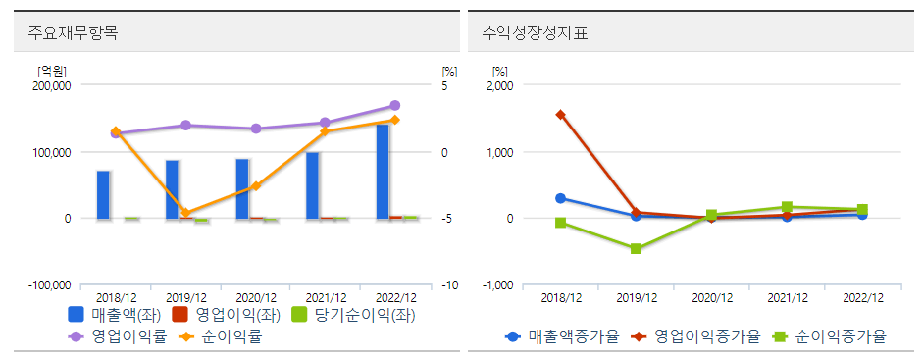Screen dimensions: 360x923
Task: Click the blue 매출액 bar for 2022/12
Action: point(383,172)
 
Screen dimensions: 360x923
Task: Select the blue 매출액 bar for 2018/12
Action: point(103,194)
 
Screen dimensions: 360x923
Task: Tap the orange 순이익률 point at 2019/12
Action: point(185,213)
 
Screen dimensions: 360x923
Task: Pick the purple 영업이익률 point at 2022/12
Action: point(394,105)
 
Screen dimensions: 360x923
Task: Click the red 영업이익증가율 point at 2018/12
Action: point(560,114)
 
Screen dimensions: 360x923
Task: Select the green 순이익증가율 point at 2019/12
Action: point(636,249)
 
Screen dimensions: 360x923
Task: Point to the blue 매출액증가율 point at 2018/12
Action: point(560,198)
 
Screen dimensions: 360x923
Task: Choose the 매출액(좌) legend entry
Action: point(111,315)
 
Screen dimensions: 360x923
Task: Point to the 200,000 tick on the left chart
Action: point(52,85)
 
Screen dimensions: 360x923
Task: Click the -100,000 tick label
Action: point(49,284)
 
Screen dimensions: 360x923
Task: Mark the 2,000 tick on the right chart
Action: point(499,85)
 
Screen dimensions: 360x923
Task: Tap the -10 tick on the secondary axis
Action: point(448,284)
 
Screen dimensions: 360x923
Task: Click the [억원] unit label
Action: point(51,71)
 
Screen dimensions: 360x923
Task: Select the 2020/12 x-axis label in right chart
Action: point(711,297)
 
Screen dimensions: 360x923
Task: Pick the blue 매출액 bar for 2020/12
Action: point(242,188)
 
